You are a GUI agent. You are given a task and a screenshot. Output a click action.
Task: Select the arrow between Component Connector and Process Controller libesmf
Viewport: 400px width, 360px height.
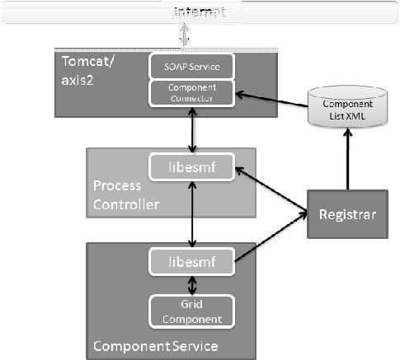[191, 129]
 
